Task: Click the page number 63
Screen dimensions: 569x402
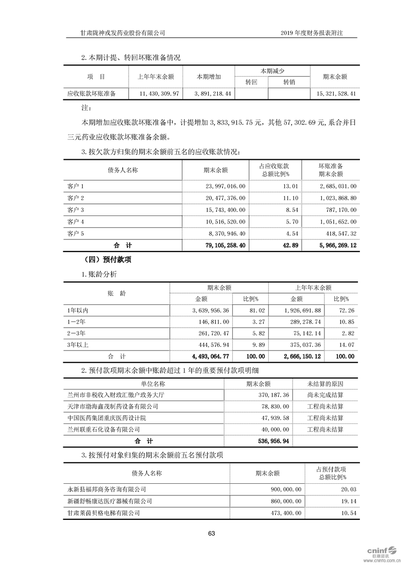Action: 211,533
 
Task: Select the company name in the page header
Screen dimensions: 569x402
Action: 123,32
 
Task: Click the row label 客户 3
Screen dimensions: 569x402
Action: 76,209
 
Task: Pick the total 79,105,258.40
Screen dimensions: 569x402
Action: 223,245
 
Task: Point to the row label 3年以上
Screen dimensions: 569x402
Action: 78,345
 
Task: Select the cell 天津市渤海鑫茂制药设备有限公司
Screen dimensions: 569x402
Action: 113,406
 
